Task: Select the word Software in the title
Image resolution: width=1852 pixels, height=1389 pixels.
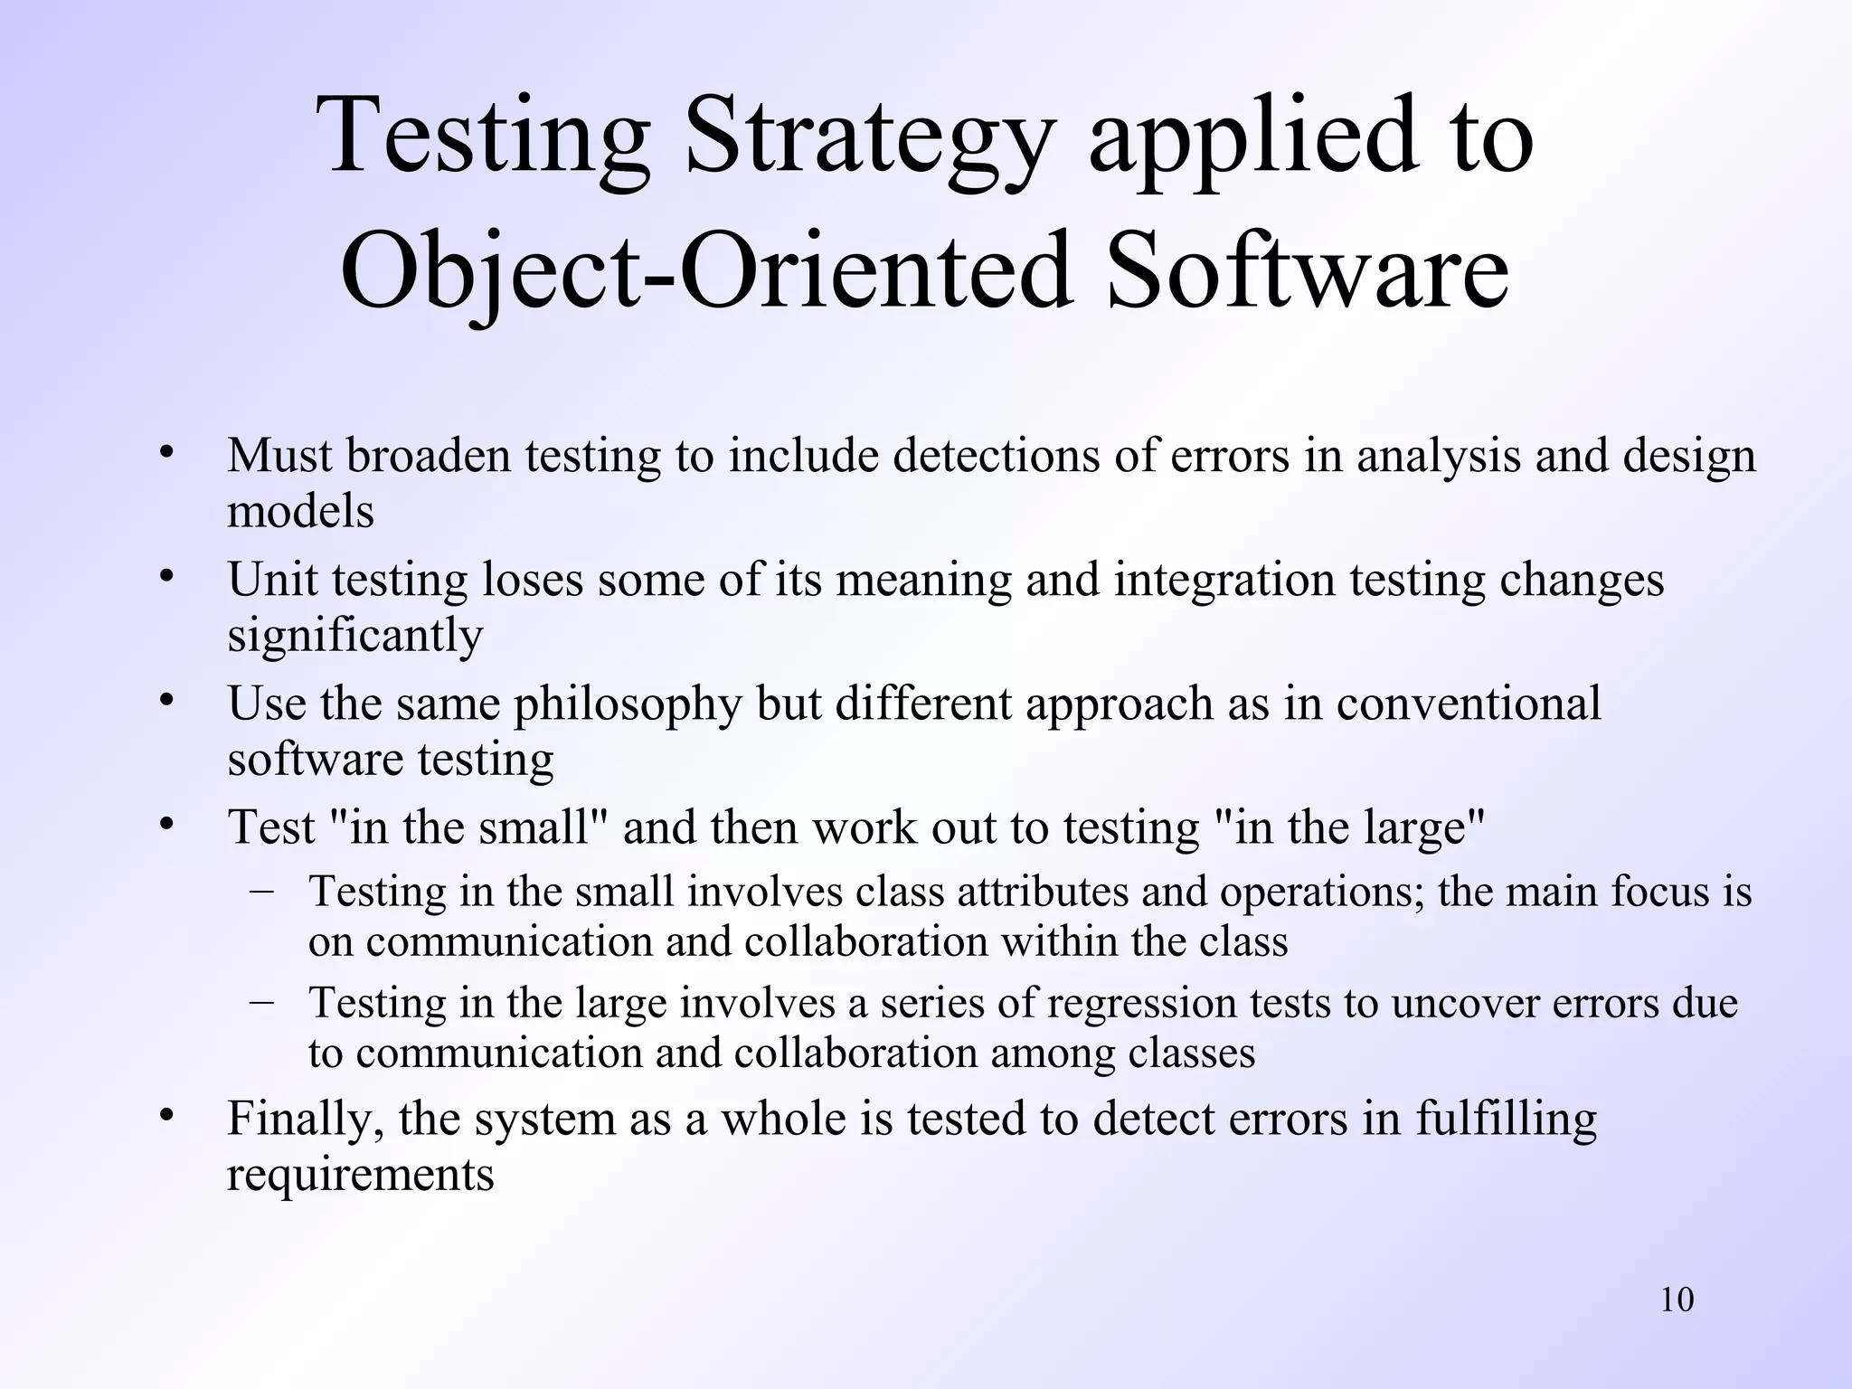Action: [1307, 271]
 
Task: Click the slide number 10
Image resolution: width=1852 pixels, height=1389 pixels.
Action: [1677, 1300]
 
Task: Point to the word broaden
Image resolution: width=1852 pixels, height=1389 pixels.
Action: [429, 455]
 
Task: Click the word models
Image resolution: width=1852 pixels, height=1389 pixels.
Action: [300, 512]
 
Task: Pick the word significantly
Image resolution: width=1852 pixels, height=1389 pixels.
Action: [355, 636]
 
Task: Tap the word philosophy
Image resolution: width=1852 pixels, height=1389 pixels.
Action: [628, 704]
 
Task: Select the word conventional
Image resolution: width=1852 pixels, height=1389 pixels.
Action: [1469, 703]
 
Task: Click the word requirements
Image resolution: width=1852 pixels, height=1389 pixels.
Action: [360, 1176]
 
